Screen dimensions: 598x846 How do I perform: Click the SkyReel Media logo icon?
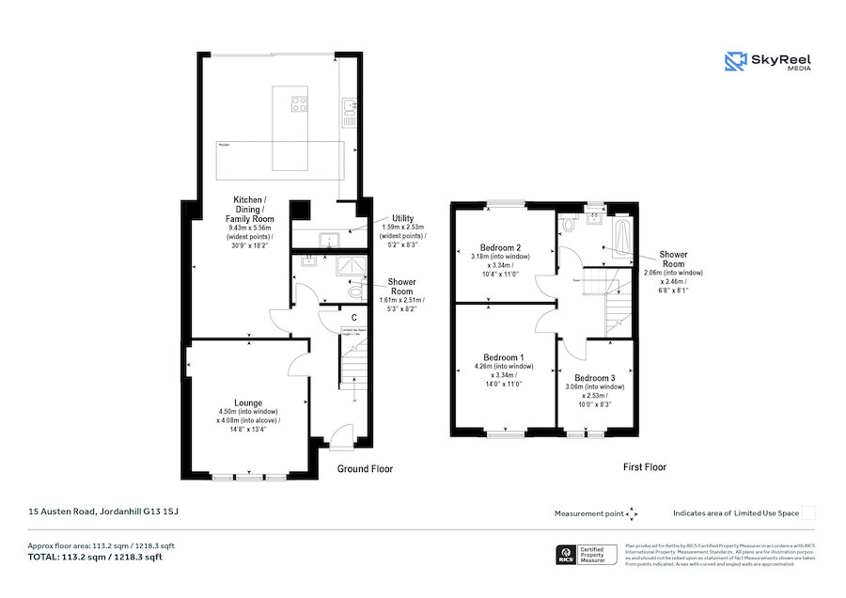[735, 62]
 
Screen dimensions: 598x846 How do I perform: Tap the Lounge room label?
[248, 402]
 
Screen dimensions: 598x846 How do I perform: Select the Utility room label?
[403, 217]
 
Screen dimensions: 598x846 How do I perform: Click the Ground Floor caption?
[365, 468]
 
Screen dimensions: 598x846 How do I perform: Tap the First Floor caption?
[644, 466]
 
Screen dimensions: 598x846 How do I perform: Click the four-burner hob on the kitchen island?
[300, 103]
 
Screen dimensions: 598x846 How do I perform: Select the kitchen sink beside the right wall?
[348, 111]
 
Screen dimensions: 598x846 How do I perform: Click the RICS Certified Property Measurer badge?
[587, 555]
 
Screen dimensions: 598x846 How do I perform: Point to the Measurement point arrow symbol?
[632, 513]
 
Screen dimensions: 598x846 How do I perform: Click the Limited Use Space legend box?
[807, 512]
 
